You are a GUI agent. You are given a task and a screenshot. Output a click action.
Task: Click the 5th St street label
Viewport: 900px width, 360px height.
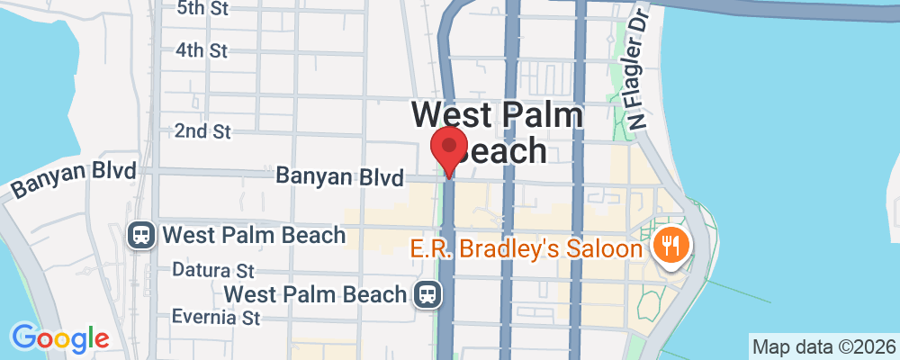(x=204, y=9)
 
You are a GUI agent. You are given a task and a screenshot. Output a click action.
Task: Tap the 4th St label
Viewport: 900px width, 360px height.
(x=202, y=50)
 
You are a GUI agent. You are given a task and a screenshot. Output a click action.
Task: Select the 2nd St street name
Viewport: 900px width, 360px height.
(x=202, y=131)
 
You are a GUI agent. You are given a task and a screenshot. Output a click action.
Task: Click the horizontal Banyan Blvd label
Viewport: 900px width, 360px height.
(x=339, y=177)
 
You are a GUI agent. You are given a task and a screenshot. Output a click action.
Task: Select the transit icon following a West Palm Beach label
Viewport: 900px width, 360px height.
(x=427, y=293)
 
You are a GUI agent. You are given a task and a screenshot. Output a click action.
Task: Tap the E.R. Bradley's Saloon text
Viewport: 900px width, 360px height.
(x=526, y=248)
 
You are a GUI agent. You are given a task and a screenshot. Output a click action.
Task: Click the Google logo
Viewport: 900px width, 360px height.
(x=60, y=338)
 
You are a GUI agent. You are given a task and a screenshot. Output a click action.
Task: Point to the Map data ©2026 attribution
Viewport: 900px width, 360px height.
(x=823, y=346)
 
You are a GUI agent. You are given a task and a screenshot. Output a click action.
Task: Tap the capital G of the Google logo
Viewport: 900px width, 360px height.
(x=24, y=337)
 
